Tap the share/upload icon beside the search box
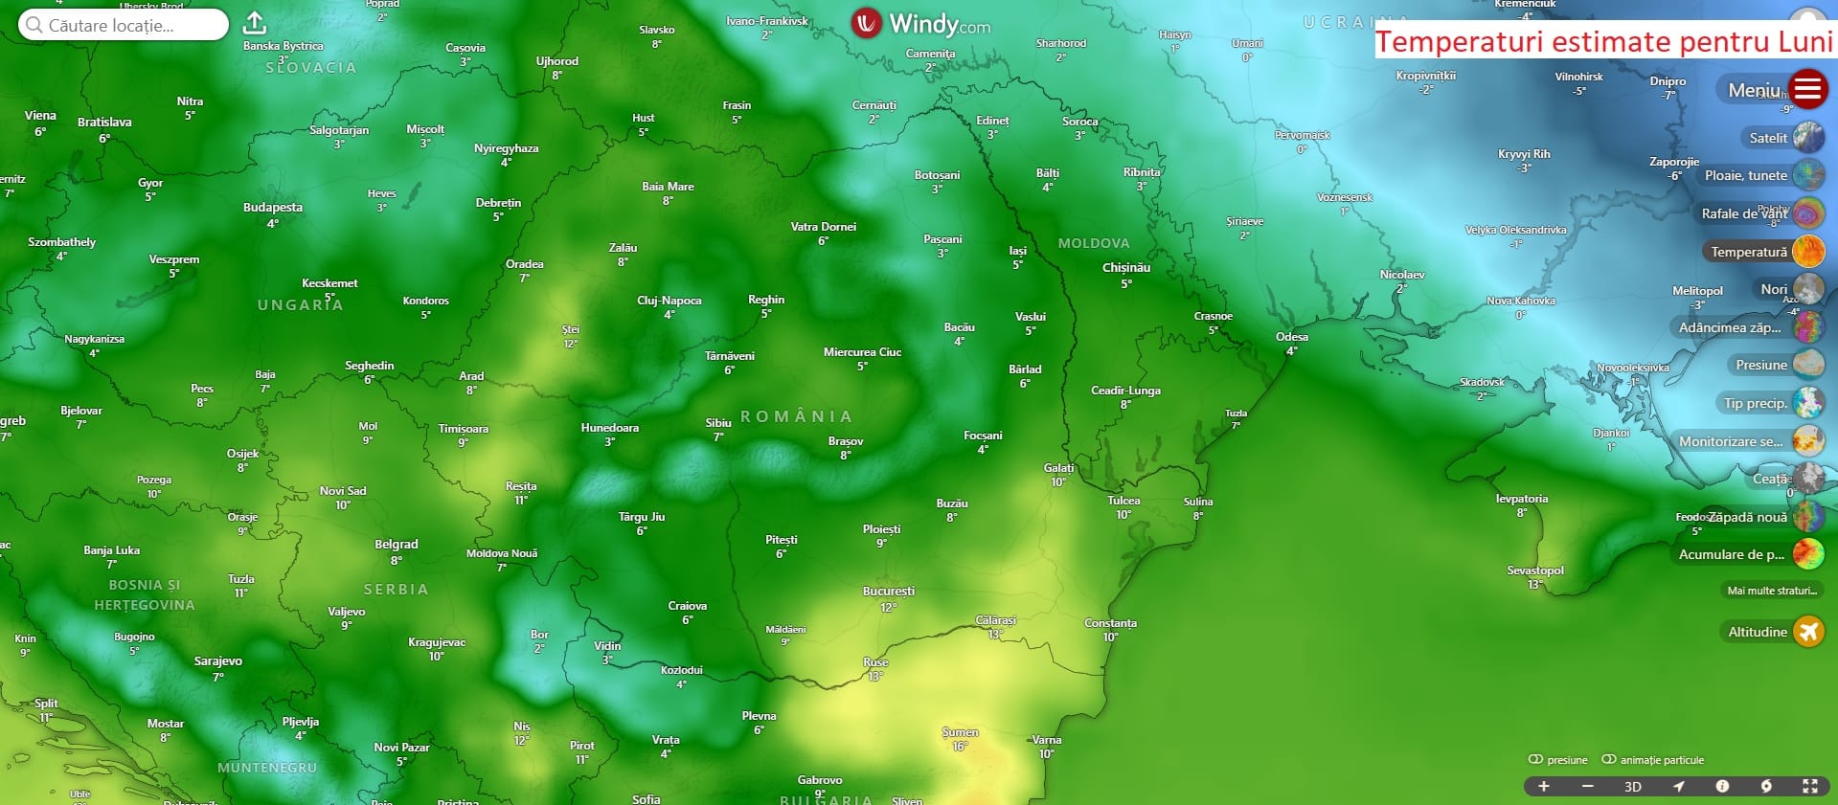pyautogui.click(x=255, y=23)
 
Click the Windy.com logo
pyautogui.click(x=920, y=23)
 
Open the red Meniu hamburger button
pyautogui.click(x=1807, y=89)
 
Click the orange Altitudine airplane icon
pyautogui.click(x=1808, y=632)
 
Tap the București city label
pyautogui.click(x=889, y=592)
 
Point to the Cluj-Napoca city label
pyautogui.click(x=669, y=301)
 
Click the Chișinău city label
pyautogui.click(x=1126, y=268)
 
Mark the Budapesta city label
pyautogui.click(x=273, y=208)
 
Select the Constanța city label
pyautogui.click(x=1111, y=623)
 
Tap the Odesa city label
pyautogui.click(x=1292, y=337)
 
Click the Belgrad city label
pyautogui.click(x=397, y=545)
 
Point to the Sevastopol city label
pyautogui.click(x=1535, y=570)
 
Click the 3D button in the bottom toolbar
pyautogui.click(x=1633, y=787)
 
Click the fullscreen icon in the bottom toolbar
pyautogui.click(x=1810, y=787)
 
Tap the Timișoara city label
pyautogui.click(x=464, y=429)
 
